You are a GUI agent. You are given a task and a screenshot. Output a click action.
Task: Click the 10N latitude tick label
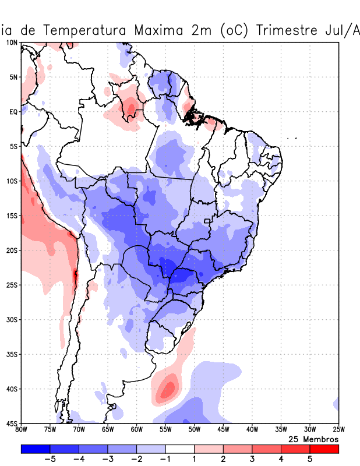[x=12, y=43]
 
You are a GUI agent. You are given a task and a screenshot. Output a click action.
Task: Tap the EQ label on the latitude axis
[x=13, y=112]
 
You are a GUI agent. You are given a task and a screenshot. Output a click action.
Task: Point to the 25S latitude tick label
[x=12, y=285]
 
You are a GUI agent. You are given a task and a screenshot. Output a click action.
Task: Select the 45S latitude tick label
[x=12, y=423]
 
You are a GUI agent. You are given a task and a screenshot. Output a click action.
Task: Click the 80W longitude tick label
[x=21, y=430]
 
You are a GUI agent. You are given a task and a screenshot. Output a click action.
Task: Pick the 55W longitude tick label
[x=165, y=430]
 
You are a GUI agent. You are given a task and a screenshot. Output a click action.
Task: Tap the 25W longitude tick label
[x=338, y=430]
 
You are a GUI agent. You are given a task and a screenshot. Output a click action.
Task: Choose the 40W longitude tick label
[x=252, y=430]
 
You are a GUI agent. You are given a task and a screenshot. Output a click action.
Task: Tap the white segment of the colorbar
[x=179, y=449]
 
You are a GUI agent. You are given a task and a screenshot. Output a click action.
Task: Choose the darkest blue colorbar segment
[x=35, y=449]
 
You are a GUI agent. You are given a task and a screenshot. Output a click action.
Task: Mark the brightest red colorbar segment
[x=324, y=449]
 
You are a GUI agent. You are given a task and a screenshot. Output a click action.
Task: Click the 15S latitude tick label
[x=12, y=216]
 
